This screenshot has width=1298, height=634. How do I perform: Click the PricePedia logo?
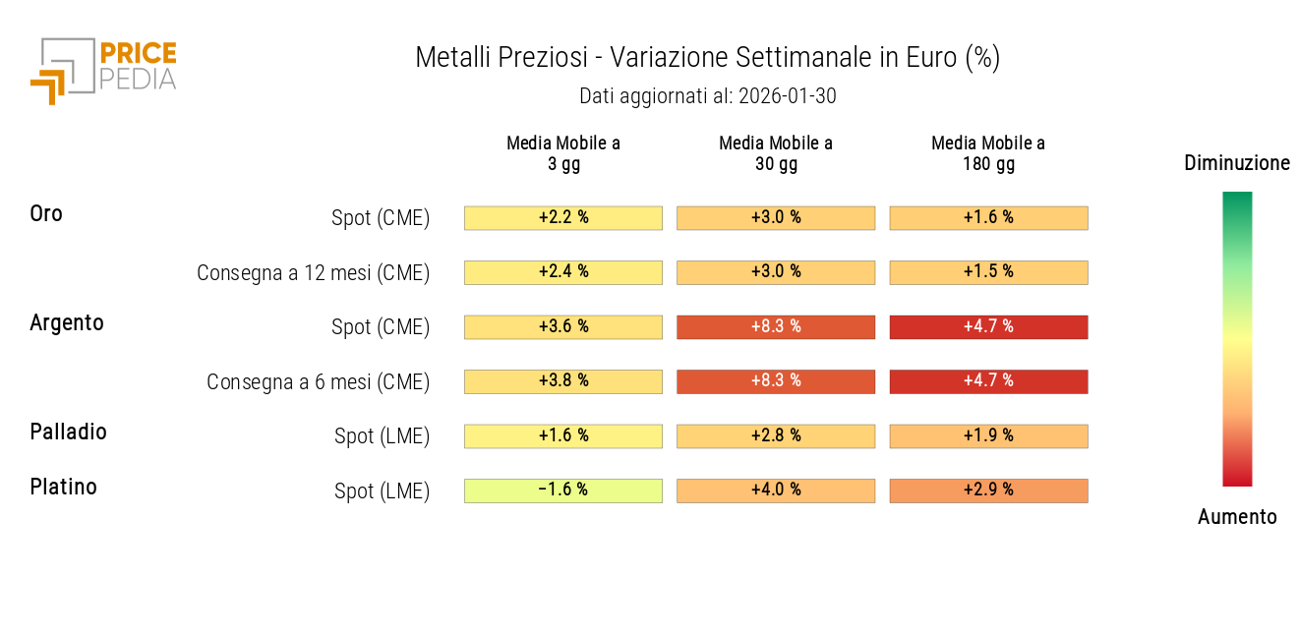pos(103,69)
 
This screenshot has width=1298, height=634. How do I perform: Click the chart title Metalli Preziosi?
pos(501,58)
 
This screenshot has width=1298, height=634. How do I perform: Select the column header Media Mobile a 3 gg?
pos(563,153)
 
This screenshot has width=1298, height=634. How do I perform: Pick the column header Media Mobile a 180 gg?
pos(988,153)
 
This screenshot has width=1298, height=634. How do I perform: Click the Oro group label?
pos(46,213)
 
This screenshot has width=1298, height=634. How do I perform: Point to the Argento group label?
pos(67,322)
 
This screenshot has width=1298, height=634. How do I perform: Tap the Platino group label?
pos(64,487)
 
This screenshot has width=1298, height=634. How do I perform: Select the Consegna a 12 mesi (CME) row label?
pos(313,273)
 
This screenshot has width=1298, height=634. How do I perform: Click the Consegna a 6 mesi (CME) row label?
pos(318,382)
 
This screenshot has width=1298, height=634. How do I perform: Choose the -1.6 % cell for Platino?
pos(563,490)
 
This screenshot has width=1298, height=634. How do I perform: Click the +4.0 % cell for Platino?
pos(776,490)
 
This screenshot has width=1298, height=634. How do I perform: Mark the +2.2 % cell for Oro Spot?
pos(563,218)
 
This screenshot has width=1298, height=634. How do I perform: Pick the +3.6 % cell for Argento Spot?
pos(563,327)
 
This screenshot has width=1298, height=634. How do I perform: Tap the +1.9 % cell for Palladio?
pos(988,436)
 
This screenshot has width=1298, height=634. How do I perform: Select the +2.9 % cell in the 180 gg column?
pos(988,490)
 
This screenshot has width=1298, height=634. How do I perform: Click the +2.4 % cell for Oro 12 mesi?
pos(563,272)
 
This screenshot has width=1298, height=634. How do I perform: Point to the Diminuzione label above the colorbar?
pos(1237,163)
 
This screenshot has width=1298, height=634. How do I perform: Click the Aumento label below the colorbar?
pos(1237,517)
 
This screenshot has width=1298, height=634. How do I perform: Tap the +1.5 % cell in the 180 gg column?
pos(988,272)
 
